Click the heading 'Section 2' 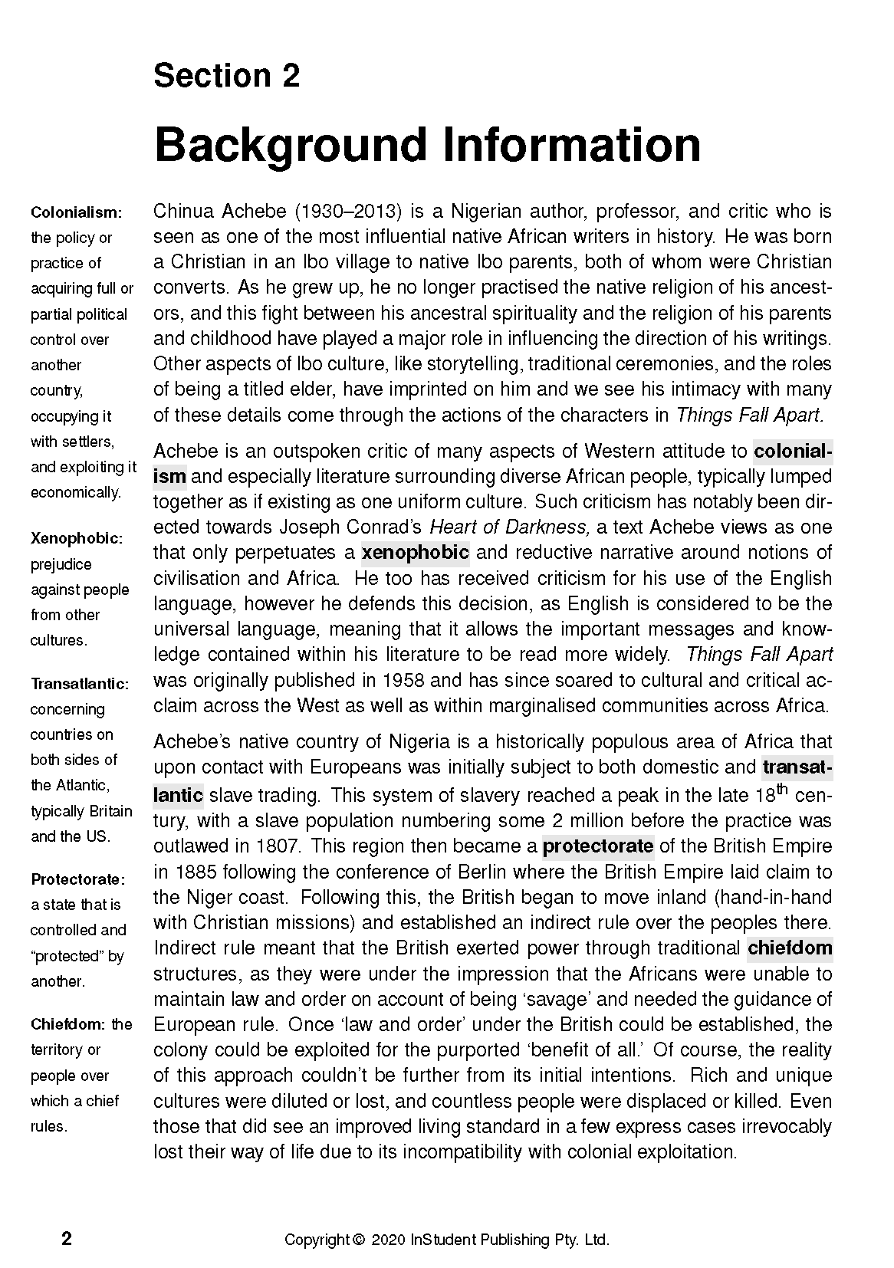(x=226, y=76)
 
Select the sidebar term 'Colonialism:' (x=76, y=212)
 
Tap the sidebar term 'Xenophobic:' (x=76, y=539)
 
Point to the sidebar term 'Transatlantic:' (x=80, y=684)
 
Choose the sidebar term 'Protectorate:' (x=77, y=879)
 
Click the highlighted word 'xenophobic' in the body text (x=415, y=553)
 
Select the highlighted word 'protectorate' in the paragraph (x=598, y=846)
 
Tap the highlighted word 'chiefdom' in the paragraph (x=790, y=948)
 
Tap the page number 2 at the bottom (x=67, y=1240)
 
